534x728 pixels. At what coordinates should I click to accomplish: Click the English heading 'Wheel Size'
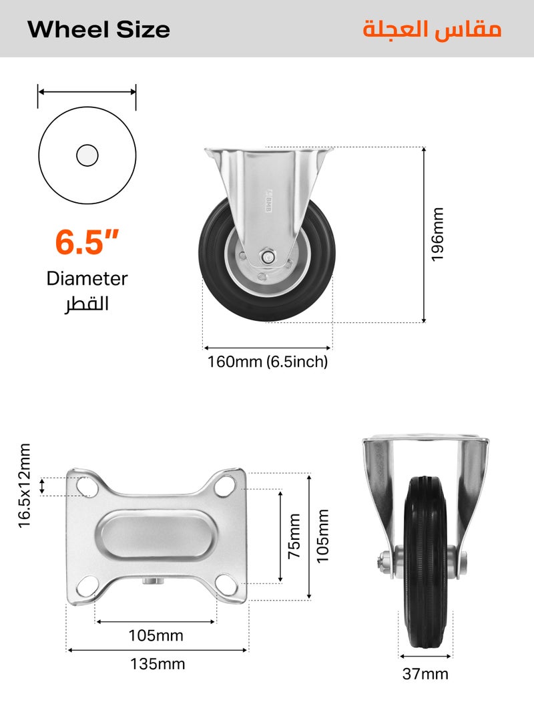tap(99, 29)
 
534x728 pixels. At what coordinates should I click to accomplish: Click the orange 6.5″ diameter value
tap(87, 242)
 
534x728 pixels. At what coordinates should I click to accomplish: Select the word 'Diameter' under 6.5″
tap(87, 278)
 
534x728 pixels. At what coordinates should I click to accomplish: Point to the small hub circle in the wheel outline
tap(87, 155)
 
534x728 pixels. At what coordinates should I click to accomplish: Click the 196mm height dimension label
tap(437, 234)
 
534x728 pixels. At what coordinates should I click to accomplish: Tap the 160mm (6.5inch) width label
tap(268, 362)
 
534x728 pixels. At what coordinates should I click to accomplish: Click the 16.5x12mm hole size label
tap(25, 486)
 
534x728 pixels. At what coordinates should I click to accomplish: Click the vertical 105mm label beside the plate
tap(324, 536)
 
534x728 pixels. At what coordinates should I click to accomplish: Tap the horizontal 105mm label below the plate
tap(156, 635)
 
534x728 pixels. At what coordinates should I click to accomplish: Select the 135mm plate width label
tap(158, 664)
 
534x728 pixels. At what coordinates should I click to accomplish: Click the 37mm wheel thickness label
tap(425, 674)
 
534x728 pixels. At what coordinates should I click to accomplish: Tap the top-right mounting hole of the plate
tap(227, 487)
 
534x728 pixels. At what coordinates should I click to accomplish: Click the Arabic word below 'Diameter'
tap(87, 304)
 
